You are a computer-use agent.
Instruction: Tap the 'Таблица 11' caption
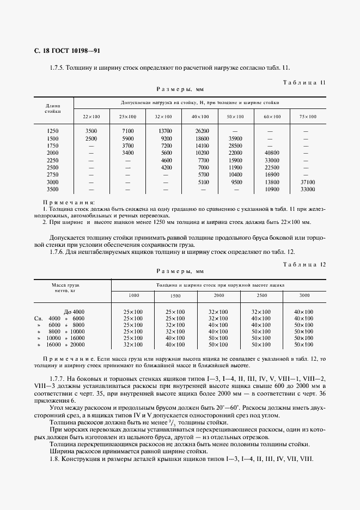(304, 83)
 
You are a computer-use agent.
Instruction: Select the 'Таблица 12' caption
(304, 264)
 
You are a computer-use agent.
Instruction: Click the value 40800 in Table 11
(272, 153)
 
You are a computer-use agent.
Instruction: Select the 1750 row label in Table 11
(52, 146)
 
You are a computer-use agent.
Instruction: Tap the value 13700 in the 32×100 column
(165, 131)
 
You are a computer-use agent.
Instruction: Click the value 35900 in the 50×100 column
(235, 139)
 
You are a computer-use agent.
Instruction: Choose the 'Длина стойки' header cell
(52, 108)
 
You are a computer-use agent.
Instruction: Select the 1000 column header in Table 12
(133, 295)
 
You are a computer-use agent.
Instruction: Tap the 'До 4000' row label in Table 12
(74, 312)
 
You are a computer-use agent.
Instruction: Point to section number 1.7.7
(58, 378)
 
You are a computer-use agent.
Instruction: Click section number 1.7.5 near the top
(58, 68)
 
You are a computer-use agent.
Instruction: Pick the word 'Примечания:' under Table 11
(69, 202)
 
